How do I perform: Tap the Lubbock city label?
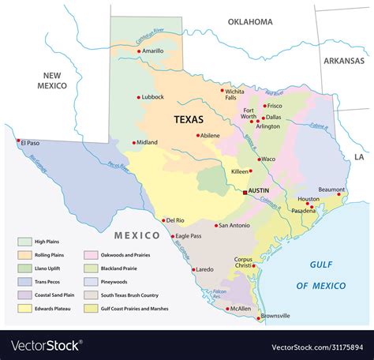[152, 97]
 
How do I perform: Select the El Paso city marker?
[17, 141]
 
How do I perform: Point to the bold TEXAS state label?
[188, 120]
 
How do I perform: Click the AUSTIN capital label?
[260, 191]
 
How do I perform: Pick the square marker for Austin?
[245, 192]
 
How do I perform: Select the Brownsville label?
[274, 316]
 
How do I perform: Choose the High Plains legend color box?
[24, 241]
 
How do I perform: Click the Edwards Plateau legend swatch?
[24, 308]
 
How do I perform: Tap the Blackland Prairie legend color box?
[89, 268]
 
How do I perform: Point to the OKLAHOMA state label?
[250, 22]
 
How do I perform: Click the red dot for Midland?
[133, 143]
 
